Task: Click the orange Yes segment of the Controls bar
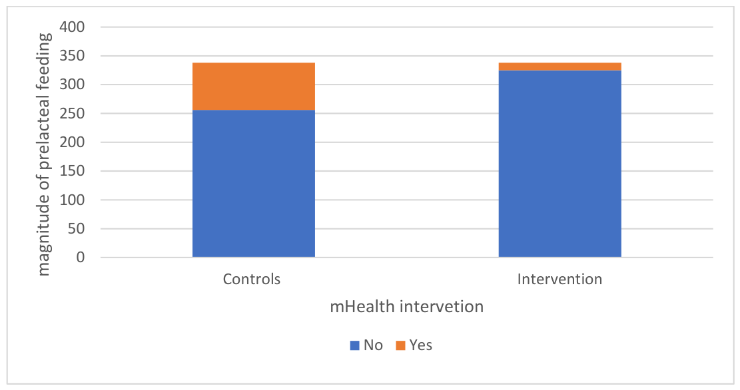tap(253, 87)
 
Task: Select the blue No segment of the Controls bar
tap(253, 184)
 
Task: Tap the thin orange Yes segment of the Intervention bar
tap(559, 67)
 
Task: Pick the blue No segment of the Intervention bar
tap(559, 164)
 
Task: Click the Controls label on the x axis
tap(252, 279)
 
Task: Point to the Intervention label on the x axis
tap(559, 279)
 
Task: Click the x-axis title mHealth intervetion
tap(407, 307)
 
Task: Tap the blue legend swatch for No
tap(354, 345)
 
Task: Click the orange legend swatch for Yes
tap(400, 345)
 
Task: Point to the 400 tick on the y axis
tap(72, 27)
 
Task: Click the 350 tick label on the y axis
tap(72, 56)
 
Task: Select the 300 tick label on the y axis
tap(72, 85)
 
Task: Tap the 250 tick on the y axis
tap(72, 113)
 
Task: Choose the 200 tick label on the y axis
tap(72, 142)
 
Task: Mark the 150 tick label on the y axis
tap(72, 171)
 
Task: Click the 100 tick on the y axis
tap(72, 200)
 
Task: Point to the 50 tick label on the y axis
tap(77, 228)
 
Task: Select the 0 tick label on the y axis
tap(81, 257)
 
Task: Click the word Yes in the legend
tap(421, 345)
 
